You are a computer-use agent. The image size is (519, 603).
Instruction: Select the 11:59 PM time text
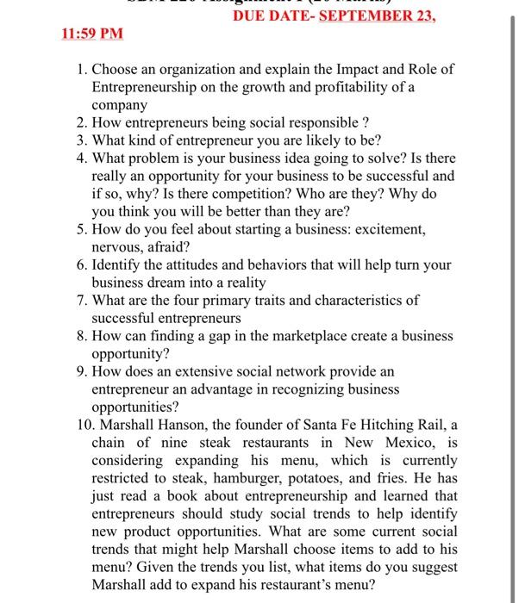pyautogui.click(x=93, y=34)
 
